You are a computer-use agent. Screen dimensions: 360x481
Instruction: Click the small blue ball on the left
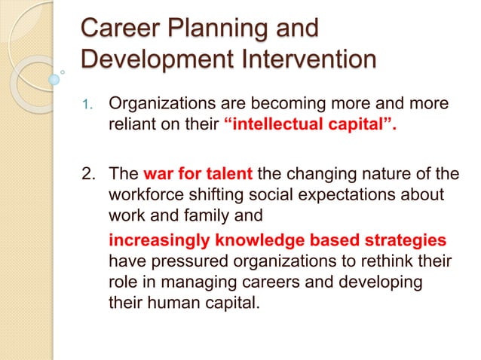[x=54, y=78]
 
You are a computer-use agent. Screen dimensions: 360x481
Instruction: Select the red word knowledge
[x=265, y=241]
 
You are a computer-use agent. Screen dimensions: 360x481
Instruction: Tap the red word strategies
[x=406, y=241]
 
